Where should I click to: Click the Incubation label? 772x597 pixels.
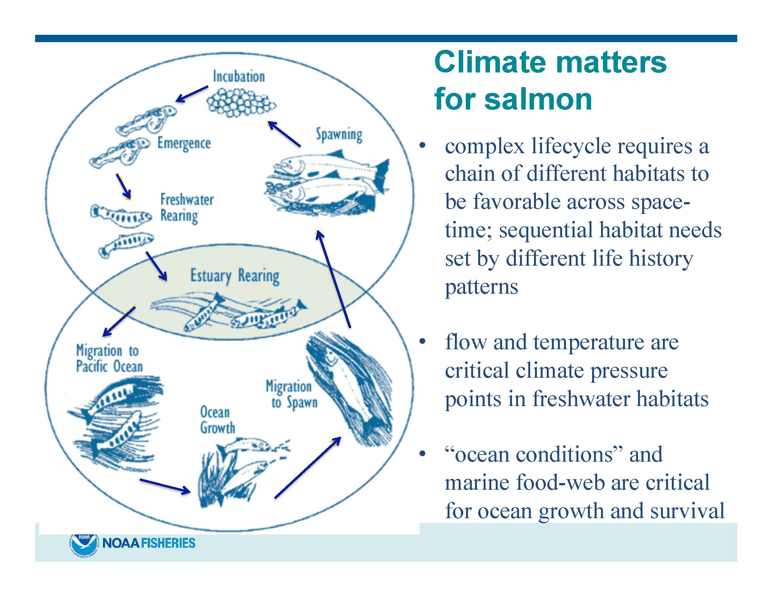[x=239, y=77]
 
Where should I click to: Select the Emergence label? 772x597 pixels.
[x=184, y=144]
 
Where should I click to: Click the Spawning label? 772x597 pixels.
[x=339, y=135]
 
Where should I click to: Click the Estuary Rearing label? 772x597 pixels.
[x=235, y=276]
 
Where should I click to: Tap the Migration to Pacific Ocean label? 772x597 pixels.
[x=109, y=359]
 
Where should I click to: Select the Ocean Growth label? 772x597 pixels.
[x=217, y=420]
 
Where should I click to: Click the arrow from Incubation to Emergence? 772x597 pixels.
[x=192, y=94]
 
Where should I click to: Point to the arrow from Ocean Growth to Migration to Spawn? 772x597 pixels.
[x=308, y=467]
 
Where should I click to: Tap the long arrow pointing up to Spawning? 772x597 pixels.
[x=333, y=279]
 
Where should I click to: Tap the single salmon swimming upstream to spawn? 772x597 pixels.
[x=348, y=386]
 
